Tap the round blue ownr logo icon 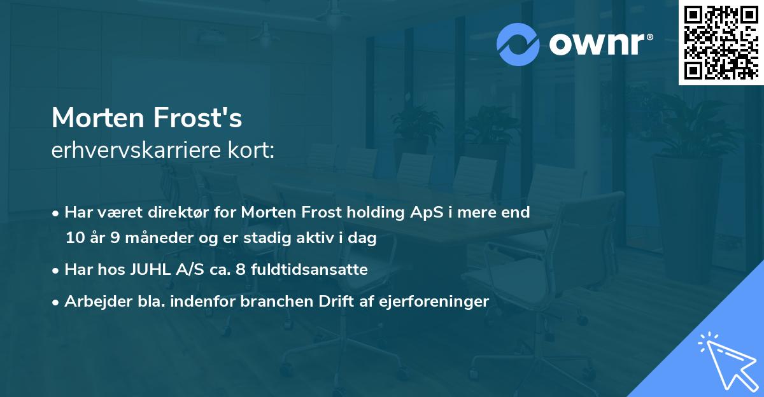point(518,44)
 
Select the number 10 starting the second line point(74,239)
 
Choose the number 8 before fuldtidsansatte point(240,270)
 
